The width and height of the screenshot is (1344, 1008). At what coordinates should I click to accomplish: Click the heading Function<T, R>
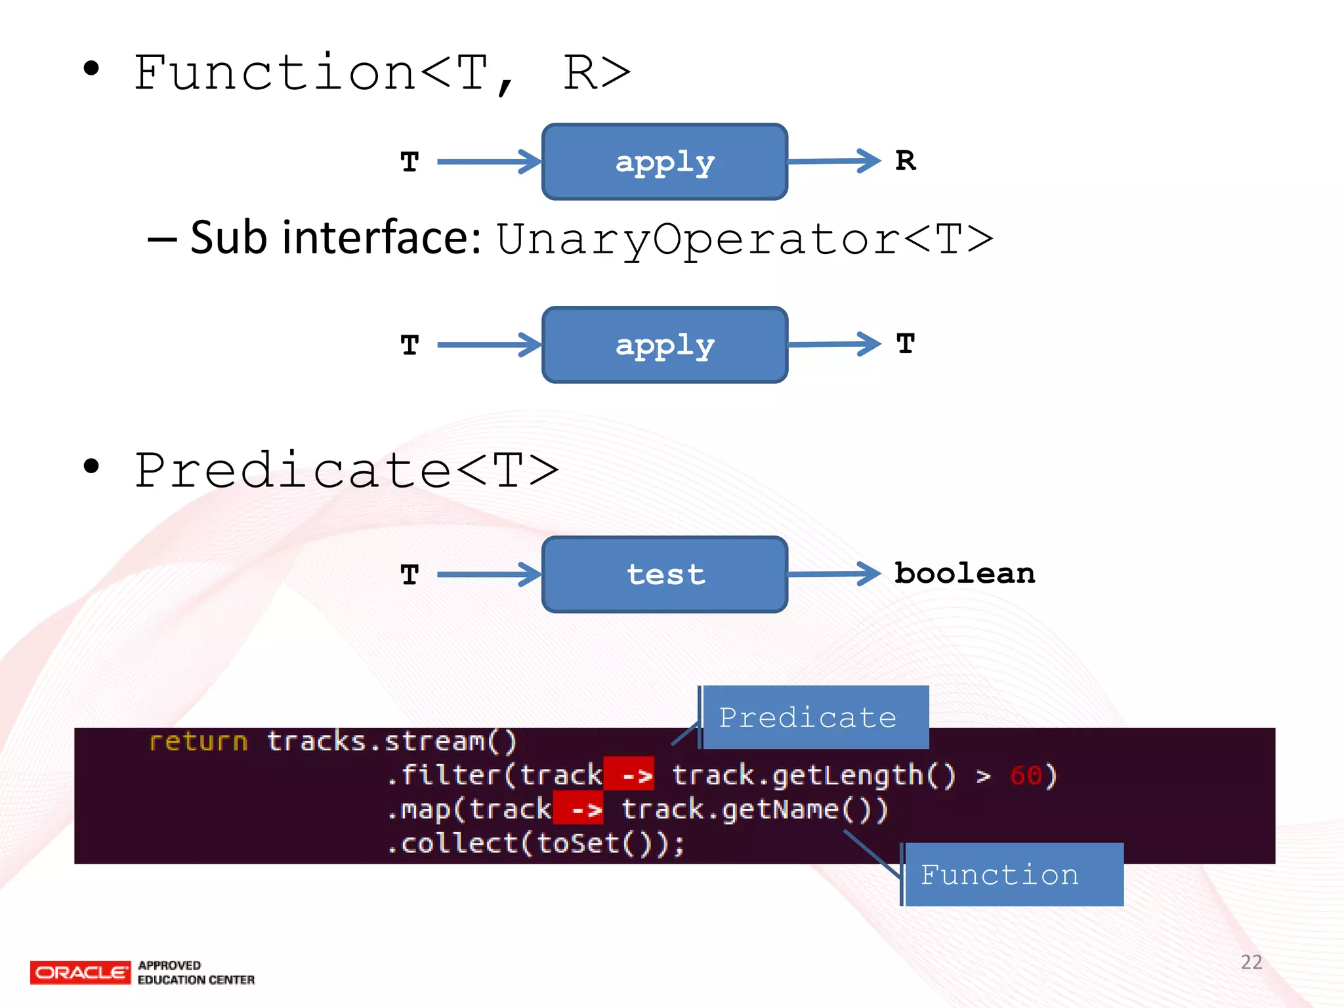point(382,73)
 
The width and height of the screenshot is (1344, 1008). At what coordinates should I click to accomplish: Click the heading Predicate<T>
point(346,471)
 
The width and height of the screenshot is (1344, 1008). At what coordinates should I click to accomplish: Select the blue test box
point(665,575)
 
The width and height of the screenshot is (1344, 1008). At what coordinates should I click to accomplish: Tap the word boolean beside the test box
point(965,574)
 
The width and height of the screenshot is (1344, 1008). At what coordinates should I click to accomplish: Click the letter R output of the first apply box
point(906,161)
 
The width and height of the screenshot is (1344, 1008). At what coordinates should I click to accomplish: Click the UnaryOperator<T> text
point(744,240)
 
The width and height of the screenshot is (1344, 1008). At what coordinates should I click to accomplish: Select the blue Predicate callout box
point(814,717)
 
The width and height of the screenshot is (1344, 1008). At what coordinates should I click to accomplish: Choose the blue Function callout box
point(1013,875)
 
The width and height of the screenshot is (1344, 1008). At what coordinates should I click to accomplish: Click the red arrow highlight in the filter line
point(629,775)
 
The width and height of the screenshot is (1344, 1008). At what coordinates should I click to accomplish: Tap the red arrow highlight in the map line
point(579,809)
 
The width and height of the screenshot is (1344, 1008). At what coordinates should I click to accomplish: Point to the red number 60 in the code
point(1026,776)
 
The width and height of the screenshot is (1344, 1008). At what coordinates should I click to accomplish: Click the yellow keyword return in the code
point(198,742)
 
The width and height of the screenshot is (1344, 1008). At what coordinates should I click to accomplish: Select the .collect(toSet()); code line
point(535,843)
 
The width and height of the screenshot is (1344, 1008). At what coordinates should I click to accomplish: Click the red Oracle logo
point(80,973)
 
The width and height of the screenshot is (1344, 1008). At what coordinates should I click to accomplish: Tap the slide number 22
point(1251,962)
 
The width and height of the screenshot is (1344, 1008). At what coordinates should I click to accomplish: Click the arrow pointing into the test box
point(489,574)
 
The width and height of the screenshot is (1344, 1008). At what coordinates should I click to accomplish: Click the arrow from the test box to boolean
point(834,574)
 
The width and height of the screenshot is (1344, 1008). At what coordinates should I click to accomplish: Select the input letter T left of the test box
point(409,575)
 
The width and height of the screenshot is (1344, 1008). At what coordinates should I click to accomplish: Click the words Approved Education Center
point(196,973)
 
